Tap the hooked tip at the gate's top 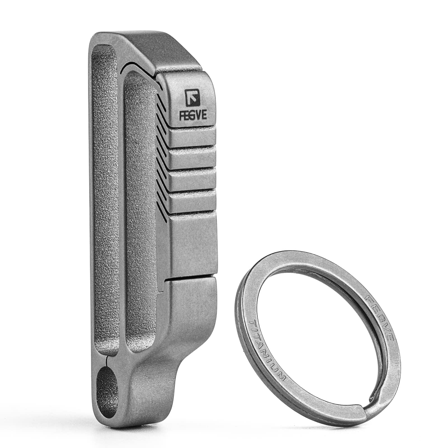coord(158,80)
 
